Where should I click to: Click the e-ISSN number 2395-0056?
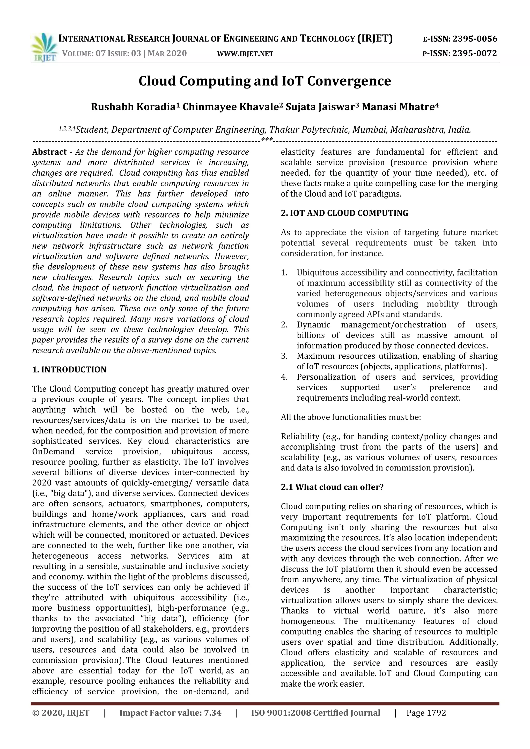[475, 39]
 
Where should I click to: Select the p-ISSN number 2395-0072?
[475, 53]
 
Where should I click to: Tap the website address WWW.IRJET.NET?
[245, 54]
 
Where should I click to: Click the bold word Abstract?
[49, 152]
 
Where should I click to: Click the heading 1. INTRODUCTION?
[69, 370]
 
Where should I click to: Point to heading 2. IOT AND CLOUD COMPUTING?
[344, 213]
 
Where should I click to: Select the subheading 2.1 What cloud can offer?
[332, 487]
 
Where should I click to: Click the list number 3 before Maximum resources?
[284, 356]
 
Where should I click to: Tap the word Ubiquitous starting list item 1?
[318, 272]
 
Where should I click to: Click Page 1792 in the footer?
[426, 713]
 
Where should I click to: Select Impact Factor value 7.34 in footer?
[170, 713]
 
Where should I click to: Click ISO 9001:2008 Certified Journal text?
[315, 713]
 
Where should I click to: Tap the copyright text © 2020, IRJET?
[61, 713]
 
